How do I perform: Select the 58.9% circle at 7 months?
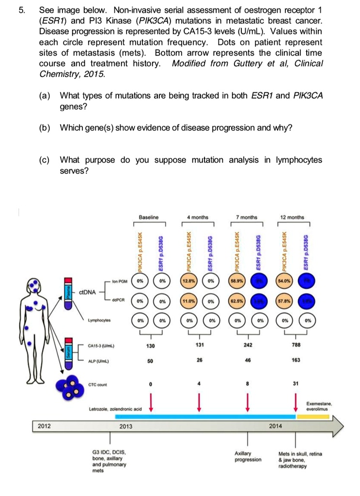[237, 281]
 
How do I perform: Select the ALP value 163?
[296, 360]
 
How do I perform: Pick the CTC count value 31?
[296, 385]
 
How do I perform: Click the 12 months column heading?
[295, 217]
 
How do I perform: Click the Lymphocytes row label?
[99, 320]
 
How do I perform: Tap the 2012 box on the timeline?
[46, 426]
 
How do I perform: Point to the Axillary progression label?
[248, 456]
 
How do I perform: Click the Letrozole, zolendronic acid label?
[115, 409]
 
